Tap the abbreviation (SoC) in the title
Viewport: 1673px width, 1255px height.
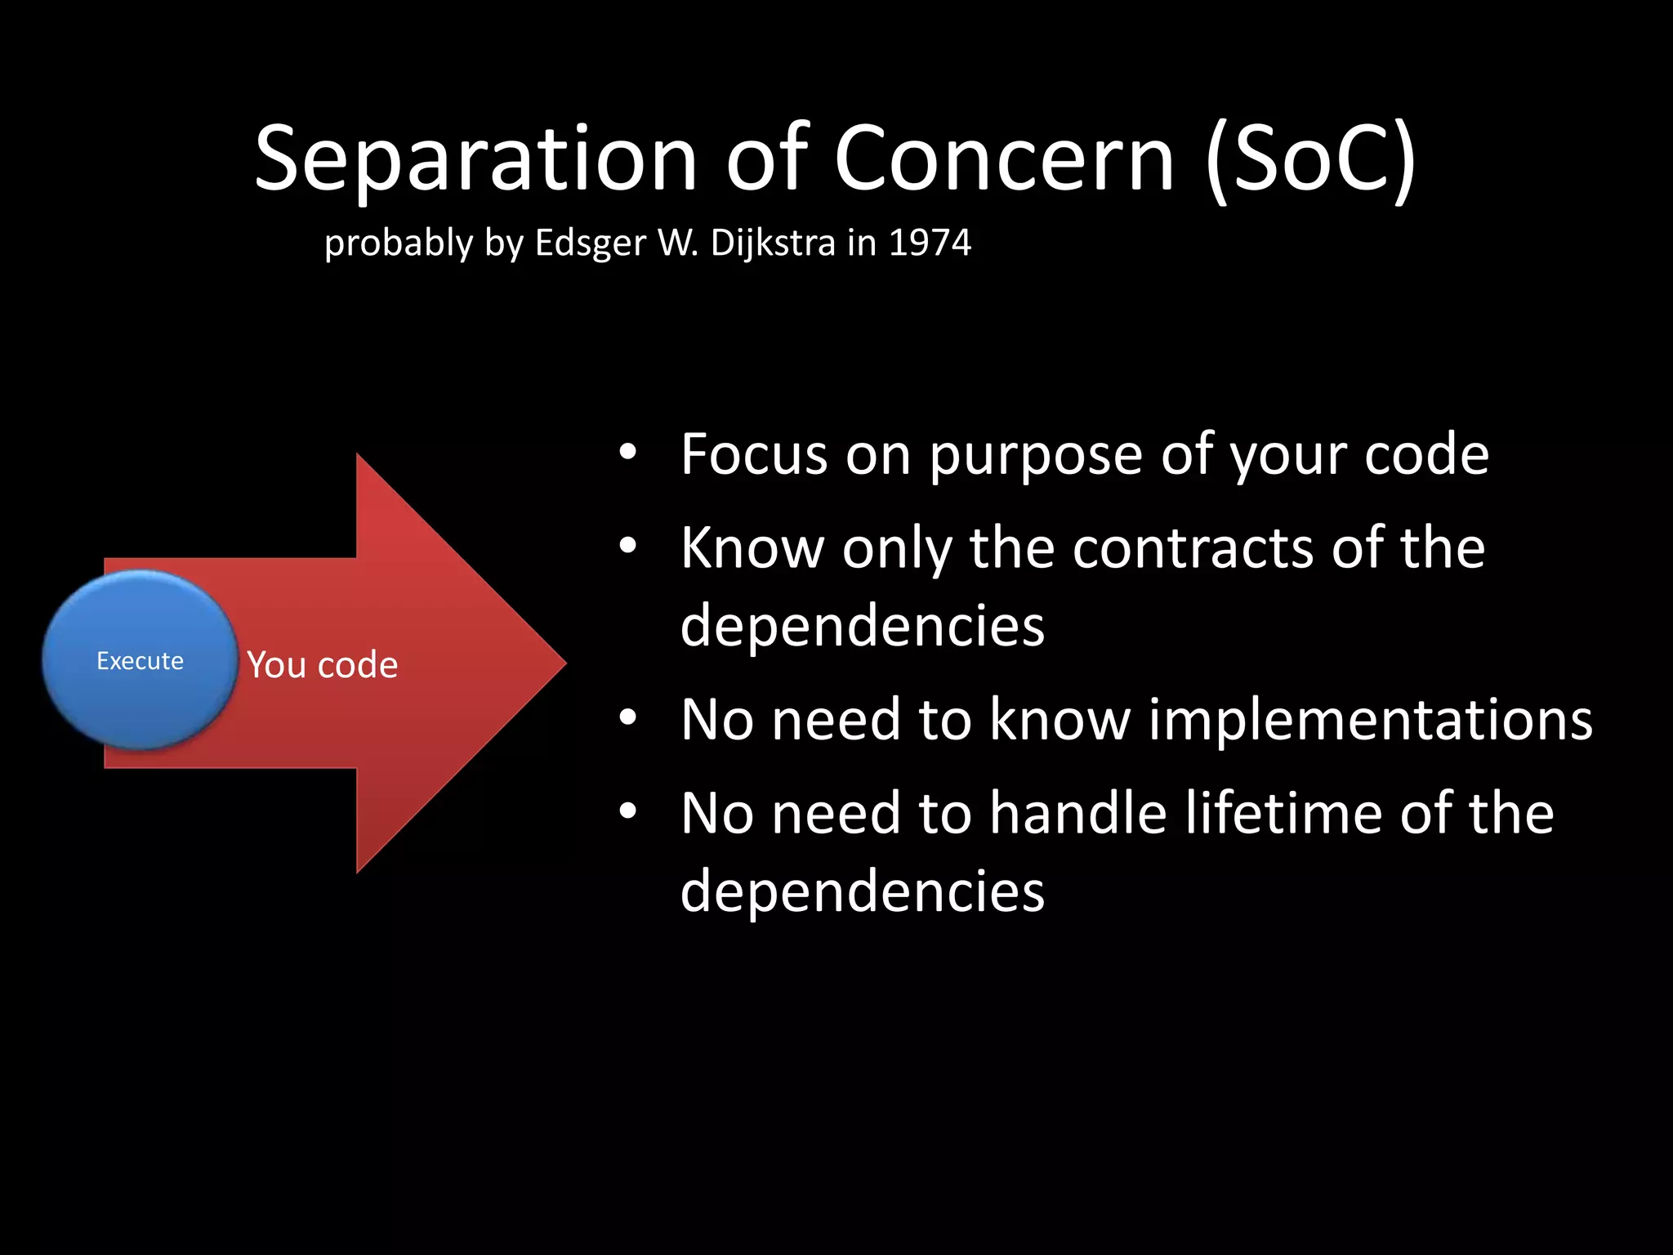pyautogui.click(x=1310, y=159)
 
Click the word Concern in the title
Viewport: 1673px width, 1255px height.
pyautogui.click(x=1004, y=159)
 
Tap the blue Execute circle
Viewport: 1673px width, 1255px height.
pyautogui.click(x=140, y=660)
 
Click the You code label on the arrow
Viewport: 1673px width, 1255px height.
pyautogui.click(x=323, y=665)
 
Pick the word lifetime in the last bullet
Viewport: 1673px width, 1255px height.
pyautogui.click(x=1283, y=814)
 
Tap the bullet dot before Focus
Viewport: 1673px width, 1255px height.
pyautogui.click(x=627, y=453)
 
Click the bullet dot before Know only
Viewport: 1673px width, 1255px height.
pyautogui.click(x=627, y=546)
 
